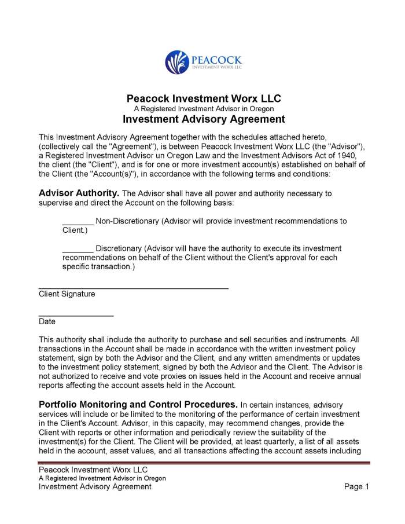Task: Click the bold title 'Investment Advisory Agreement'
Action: click(204, 119)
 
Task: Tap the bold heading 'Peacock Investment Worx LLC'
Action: click(204, 98)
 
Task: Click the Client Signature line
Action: click(133, 287)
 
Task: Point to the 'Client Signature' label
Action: click(67, 294)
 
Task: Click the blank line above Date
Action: click(76, 315)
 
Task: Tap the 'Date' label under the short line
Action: click(47, 322)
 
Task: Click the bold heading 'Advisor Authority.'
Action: click(79, 193)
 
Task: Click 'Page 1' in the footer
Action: click(356, 487)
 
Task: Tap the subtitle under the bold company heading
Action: click(204, 109)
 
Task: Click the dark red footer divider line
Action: click(204, 463)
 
